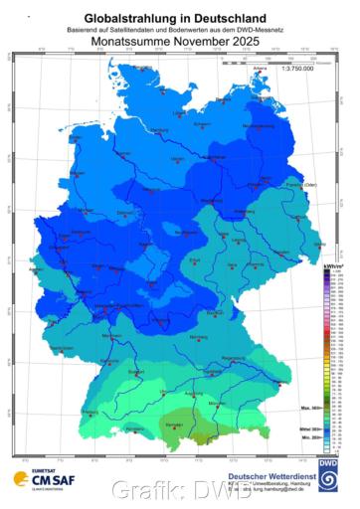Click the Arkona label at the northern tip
point(261,68)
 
